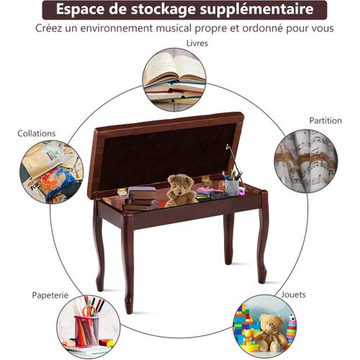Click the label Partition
[325, 120]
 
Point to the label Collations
[36, 133]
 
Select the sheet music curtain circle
[305, 161]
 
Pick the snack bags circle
[51, 173]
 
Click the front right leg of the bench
[262, 245]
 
